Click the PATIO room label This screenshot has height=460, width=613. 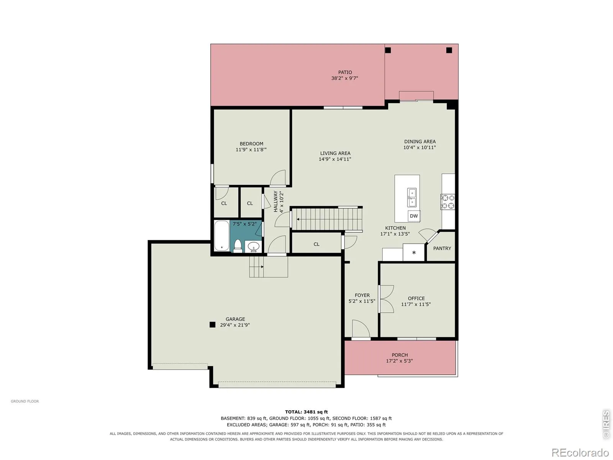pos(345,72)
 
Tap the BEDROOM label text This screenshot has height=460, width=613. pos(251,143)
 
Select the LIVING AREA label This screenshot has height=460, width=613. pos(335,153)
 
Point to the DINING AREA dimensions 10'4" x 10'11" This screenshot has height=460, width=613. pos(420,148)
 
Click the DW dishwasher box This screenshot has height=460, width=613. pos(414,216)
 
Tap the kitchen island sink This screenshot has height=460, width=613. pos(412,198)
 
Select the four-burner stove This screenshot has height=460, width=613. pos(447,202)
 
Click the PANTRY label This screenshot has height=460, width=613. pos(442,248)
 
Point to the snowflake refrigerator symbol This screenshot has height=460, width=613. pos(414,253)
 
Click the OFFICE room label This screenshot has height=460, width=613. pos(416,298)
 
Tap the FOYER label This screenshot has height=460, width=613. pos(362,295)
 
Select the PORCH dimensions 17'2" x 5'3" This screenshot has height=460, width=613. pos(399,361)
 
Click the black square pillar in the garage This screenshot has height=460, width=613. pos(213,325)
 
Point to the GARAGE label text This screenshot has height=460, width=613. pos(235,319)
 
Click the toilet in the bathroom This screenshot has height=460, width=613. pos(238,246)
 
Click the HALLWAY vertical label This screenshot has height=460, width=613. pos(275,201)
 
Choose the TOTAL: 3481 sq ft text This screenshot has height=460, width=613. pos(306,412)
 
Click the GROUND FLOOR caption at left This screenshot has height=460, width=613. pos(25,401)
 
